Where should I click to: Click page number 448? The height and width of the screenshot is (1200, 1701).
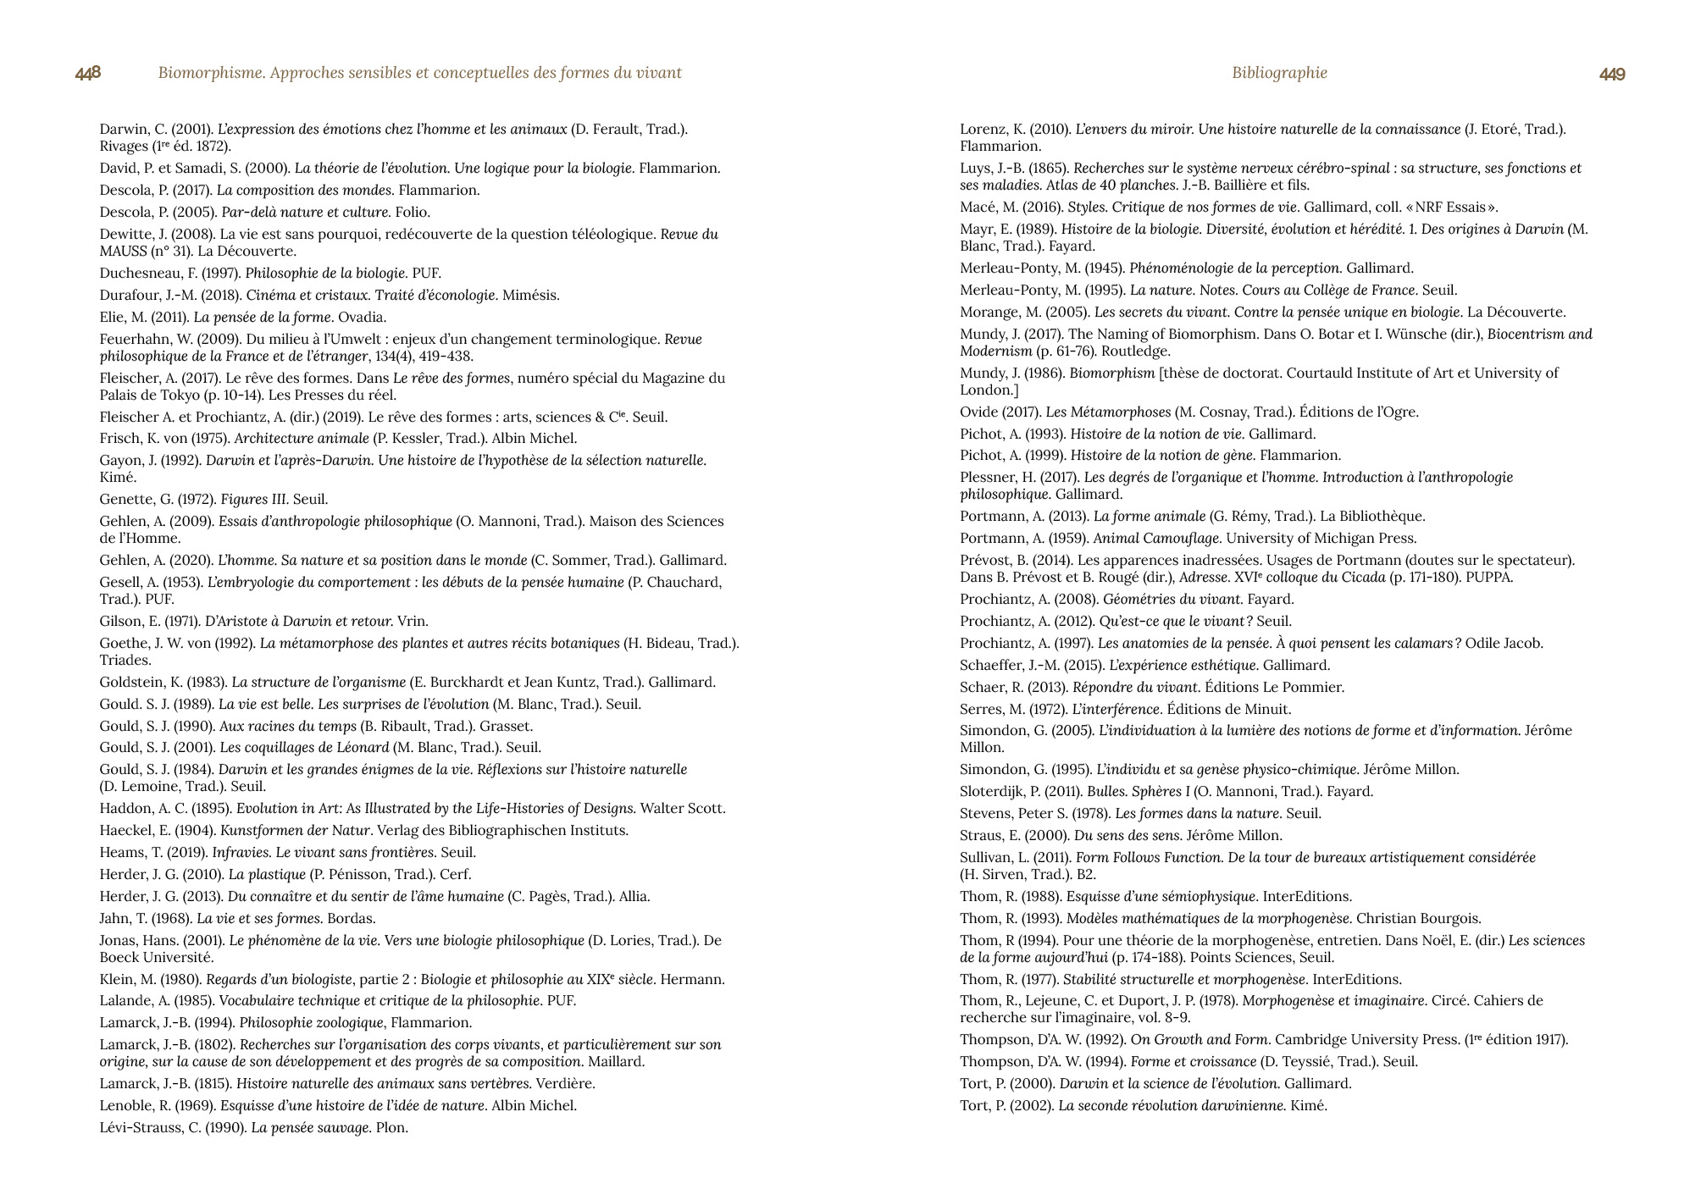pos(88,74)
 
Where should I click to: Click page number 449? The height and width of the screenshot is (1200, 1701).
pos(1612,75)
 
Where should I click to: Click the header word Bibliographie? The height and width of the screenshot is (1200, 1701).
pos(1279,73)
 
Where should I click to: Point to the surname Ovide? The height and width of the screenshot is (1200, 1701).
pos(978,412)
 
